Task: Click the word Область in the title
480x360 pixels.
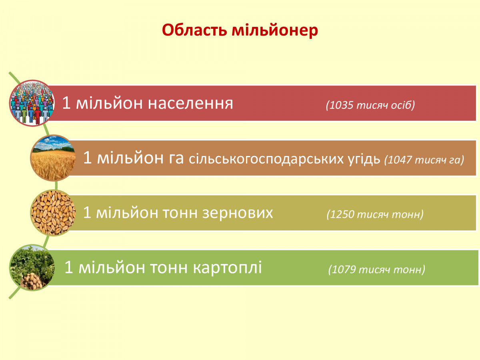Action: point(194,30)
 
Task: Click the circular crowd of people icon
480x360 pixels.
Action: point(32,103)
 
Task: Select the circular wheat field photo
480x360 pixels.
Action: point(53,158)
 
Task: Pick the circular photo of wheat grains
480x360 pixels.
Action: point(53,213)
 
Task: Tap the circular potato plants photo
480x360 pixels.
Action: point(32,268)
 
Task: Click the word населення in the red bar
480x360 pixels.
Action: point(190,103)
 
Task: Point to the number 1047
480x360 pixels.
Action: point(400,160)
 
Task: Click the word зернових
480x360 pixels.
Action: point(238,213)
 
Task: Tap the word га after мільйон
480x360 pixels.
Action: point(176,159)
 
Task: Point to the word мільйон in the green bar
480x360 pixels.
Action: point(112,267)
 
